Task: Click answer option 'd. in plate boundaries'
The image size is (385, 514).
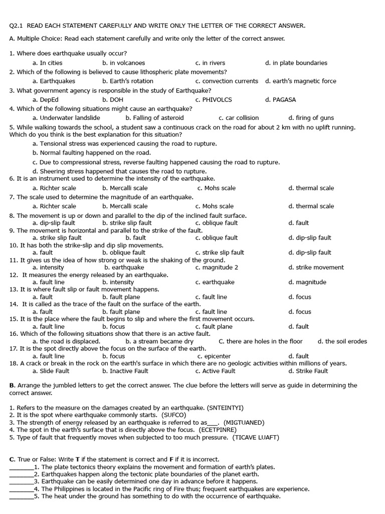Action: [x=296, y=63]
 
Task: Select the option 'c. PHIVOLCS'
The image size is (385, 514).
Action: [x=214, y=99]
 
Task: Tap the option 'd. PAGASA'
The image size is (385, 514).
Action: [x=281, y=99]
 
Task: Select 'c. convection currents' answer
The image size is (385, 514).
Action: [x=227, y=81]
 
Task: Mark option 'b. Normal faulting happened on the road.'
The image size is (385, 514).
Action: [x=92, y=153]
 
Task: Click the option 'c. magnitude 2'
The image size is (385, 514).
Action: [x=217, y=268]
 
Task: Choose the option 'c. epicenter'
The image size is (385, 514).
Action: [x=214, y=356]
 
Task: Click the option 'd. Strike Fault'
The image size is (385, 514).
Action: [x=308, y=371]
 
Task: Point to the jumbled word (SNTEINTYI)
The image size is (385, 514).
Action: [x=219, y=408]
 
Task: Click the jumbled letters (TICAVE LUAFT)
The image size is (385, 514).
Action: [x=256, y=437]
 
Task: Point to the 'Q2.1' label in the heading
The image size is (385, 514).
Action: [x=17, y=26]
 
